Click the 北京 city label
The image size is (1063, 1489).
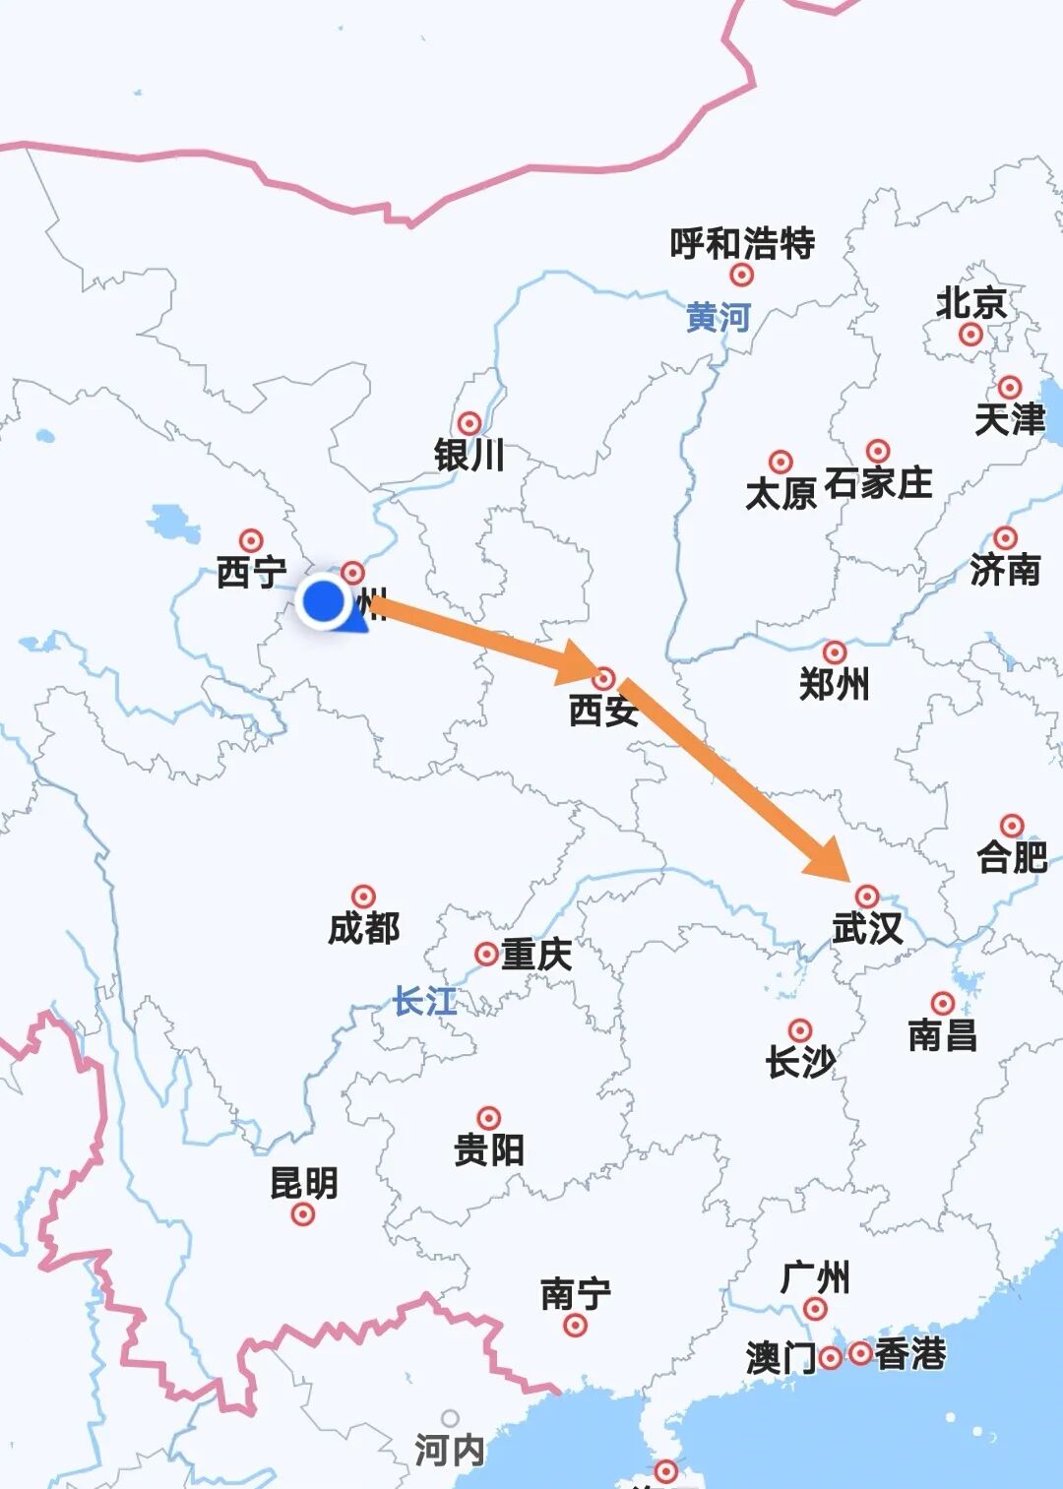[x=970, y=302]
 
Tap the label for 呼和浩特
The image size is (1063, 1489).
[x=742, y=242]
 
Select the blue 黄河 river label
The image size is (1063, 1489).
[x=719, y=317]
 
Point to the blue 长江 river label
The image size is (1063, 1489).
[x=425, y=1001]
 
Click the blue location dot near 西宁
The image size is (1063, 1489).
[x=323, y=600]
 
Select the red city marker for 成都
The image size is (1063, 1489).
[x=364, y=897]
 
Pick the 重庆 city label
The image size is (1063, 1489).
[x=536, y=954]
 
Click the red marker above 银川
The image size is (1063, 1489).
[x=469, y=423]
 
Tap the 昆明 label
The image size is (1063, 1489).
[x=303, y=1182]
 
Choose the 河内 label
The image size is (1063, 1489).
[x=449, y=1449]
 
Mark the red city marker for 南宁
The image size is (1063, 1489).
[x=576, y=1325]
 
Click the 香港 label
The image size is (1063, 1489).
[x=910, y=1354]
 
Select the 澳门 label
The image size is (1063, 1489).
[x=781, y=1358]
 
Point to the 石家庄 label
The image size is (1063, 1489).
[x=878, y=483]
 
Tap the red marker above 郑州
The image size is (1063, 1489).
[x=835, y=651]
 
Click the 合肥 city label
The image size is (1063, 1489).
[x=1012, y=856]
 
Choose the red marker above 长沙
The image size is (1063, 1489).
[x=800, y=1030]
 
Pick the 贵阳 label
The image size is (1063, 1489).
[x=489, y=1148]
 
